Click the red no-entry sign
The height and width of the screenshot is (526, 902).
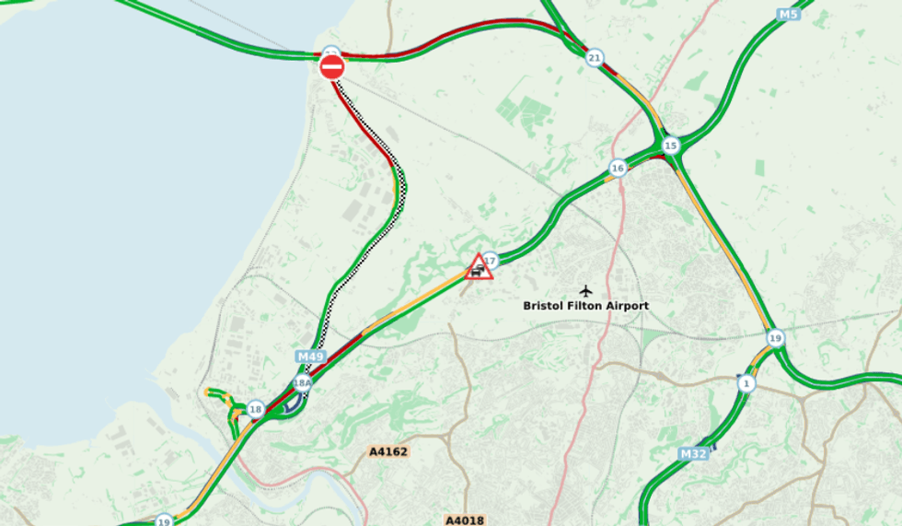331,66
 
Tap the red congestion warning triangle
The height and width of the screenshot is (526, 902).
479,267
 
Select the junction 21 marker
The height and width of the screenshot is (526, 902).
595,57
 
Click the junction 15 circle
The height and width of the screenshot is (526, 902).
670,146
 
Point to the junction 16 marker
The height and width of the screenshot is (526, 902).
617,168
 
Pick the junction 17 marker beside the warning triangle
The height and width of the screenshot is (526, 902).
491,260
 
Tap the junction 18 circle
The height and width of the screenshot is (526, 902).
256,409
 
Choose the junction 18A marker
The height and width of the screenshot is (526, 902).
302,382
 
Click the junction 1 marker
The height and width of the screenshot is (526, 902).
746,382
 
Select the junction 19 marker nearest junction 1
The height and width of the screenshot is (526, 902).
775,338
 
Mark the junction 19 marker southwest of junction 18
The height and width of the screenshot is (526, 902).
164,520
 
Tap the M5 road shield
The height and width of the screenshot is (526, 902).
788,15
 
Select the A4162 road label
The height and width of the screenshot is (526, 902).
387,451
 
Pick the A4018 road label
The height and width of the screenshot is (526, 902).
464,520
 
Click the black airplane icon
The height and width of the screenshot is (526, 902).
585,290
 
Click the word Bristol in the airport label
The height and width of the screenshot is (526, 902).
543,306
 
